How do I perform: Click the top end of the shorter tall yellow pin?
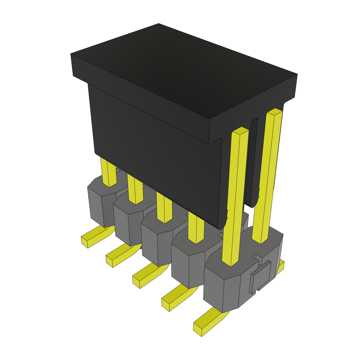coord(240,131)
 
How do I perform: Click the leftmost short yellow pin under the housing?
coord(108,172)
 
